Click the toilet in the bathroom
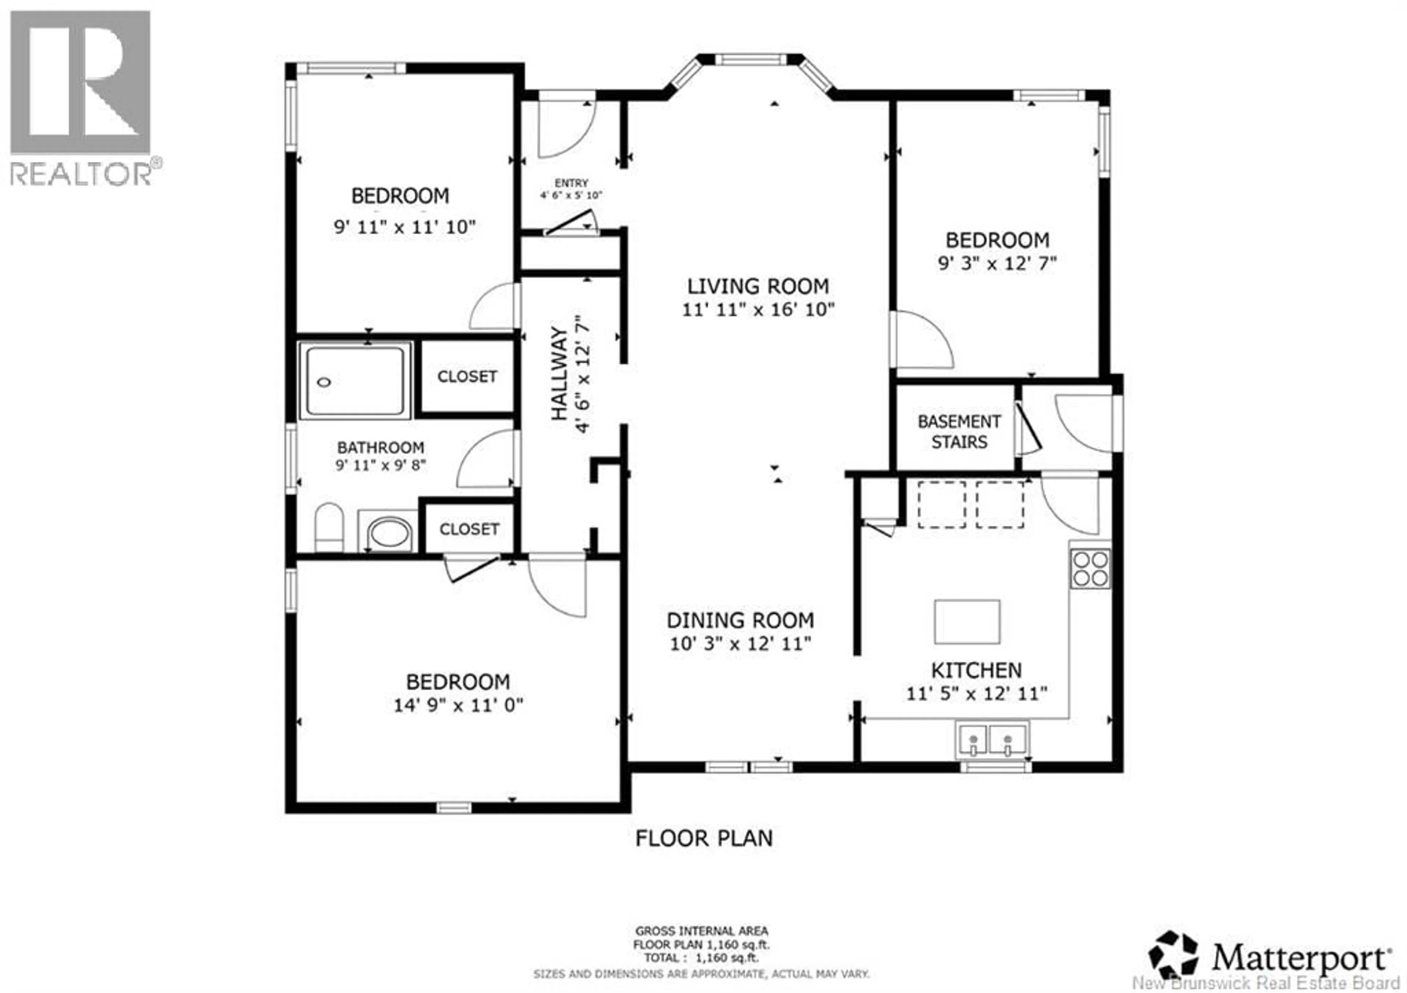click(329, 528)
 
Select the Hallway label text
click(559, 373)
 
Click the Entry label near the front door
click(571, 183)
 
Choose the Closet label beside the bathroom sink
click(469, 529)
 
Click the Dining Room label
click(740, 620)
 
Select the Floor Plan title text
click(703, 838)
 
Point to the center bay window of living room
click(751, 59)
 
